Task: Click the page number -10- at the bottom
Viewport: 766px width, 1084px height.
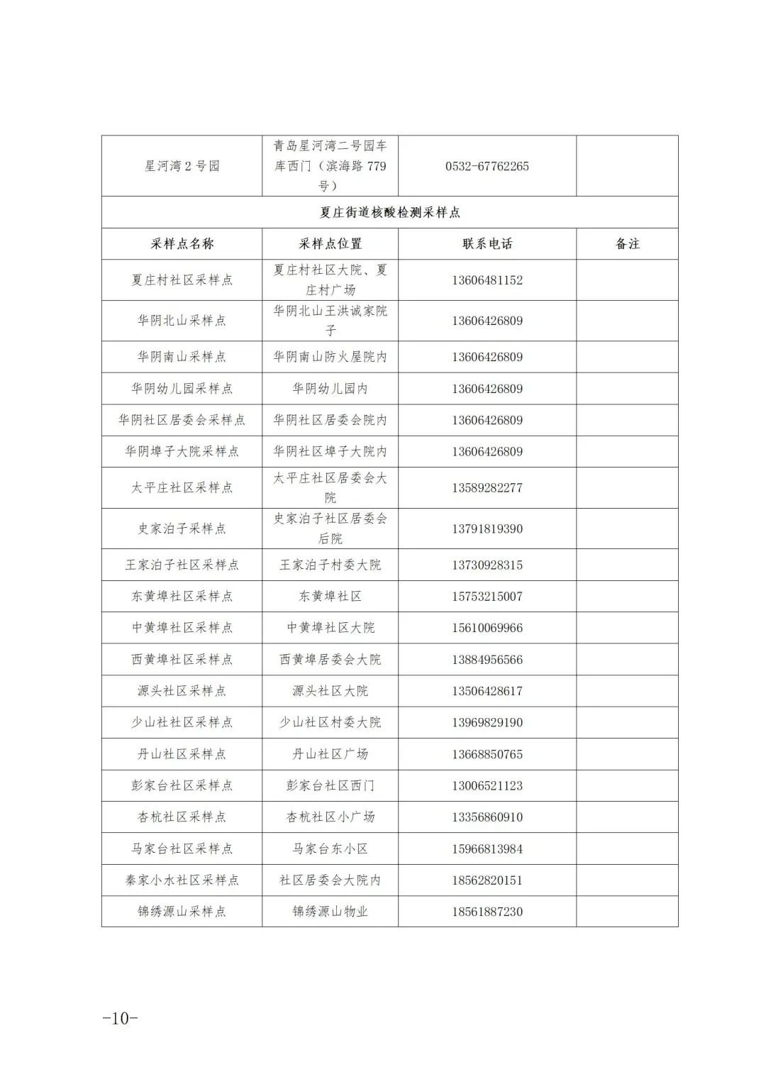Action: point(120,1018)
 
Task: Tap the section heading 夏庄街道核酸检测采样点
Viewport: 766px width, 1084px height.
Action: point(389,212)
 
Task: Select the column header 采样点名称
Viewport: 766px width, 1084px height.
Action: point(182,244)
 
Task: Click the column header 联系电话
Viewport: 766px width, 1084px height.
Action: point(487,244)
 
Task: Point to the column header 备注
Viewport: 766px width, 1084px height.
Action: point(627,244)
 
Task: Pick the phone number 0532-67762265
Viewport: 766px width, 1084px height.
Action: point(487,167)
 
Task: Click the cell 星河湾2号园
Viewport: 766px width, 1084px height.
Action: point(182,167)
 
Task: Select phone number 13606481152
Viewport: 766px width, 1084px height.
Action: point(487,280)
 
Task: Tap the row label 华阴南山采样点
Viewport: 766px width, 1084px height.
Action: point(182,357)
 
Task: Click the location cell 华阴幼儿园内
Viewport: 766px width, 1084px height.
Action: point(330,389)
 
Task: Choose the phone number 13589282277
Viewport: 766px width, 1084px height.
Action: point(487,488)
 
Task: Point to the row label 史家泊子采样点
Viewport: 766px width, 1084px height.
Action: point(182,529)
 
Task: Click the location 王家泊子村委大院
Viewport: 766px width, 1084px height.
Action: point(330,565)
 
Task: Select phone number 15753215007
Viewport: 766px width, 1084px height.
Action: point(487,597)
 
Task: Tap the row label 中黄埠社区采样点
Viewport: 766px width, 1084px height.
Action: point(182,628)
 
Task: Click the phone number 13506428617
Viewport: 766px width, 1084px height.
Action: point(487,691)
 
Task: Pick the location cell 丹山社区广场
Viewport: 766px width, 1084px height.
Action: point(330,754)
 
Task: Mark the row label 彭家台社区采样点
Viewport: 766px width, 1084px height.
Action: point(182,785)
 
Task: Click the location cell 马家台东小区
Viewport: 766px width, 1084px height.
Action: point(330,848)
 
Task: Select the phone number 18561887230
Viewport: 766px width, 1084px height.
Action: point(487,912)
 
